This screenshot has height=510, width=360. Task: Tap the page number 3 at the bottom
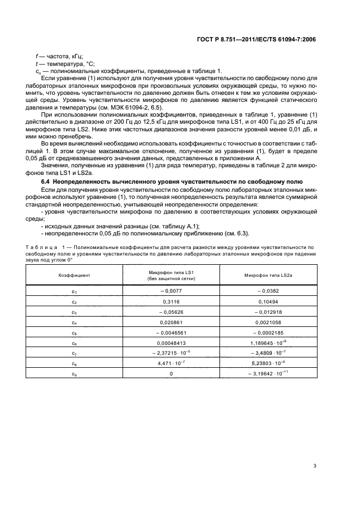(x=315, y=465)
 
